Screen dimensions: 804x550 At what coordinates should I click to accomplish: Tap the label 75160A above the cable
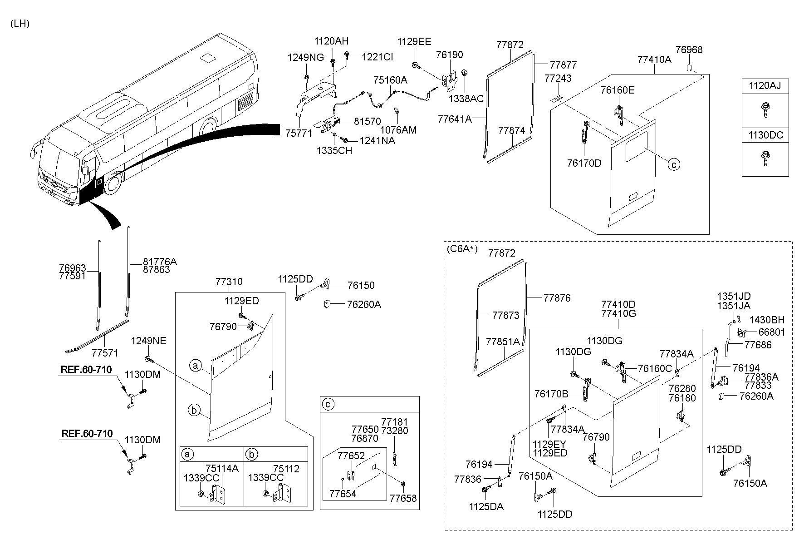pyautogui.click(x=390, y=80)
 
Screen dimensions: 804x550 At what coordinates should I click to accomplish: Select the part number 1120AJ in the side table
pyautogui.click(x=765, y=85)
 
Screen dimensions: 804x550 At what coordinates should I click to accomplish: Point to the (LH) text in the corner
pyautogui.click(x=20, y=24)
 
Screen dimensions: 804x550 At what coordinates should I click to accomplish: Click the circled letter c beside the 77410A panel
pyautogui.click(x=674, y=164)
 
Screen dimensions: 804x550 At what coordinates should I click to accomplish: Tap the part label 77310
pyautogui.click(x=229, y=282)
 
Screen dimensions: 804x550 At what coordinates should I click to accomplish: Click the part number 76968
pyautogui.click(x=689, y=50)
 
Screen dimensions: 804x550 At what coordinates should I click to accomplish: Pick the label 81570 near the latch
pyautogui.click(x=368, y=121)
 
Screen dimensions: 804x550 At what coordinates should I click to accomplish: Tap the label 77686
pyautogui.click(x=758, y=345)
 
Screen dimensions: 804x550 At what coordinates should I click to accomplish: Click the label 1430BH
pyautogui.click(x=767, y=320)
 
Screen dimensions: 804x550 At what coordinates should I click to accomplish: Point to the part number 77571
pyautogui.click(x=105, y=353)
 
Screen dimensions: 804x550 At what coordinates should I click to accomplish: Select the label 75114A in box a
pyautogui.click(x=222, y=469)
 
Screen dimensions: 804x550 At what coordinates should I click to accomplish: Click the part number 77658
pyautogui.click(x=403, y=498)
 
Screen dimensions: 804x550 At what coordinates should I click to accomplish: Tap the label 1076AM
pyautogui.click(x=398, y=130)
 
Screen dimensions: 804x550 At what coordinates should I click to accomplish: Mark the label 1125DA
pyautogui.click(x=486, y=507)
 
